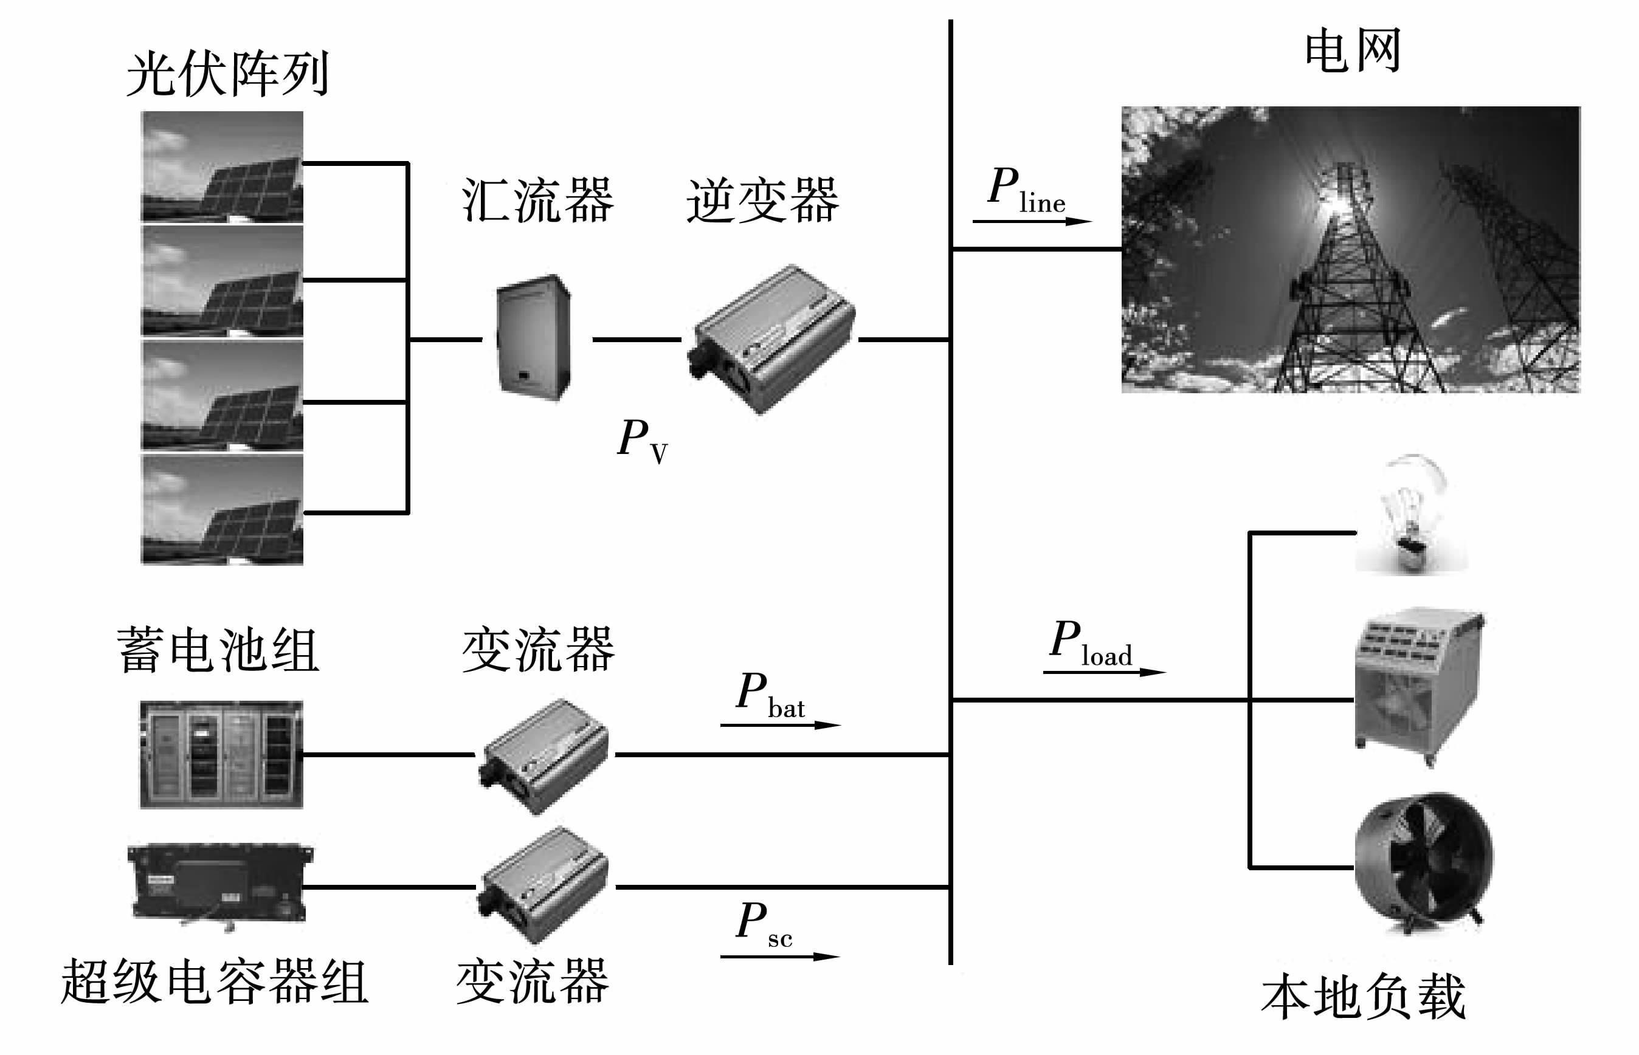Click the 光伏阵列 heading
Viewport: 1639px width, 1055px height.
pos(228,74)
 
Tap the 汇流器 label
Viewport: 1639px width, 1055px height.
pos(537,200)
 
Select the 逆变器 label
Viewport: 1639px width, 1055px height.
pos(762,200)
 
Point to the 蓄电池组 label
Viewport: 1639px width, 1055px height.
pos(218,650)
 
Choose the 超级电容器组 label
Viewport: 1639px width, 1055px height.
pos(215,981)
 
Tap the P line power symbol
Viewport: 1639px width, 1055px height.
pos(1025,190)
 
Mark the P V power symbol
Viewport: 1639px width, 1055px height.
pos(642,440)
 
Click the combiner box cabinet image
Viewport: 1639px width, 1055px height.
pos(534,337)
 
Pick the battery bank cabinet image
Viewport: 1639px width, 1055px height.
pos(221,754)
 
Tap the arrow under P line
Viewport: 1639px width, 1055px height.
pos(1031,221)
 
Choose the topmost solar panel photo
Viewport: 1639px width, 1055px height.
pos(222,167)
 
